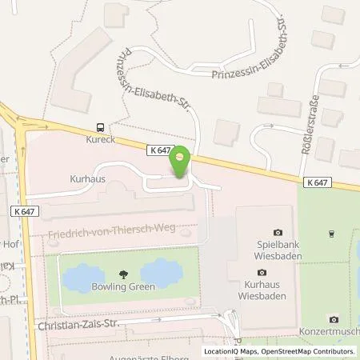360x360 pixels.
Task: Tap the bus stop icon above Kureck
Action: (x=100, y=127)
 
